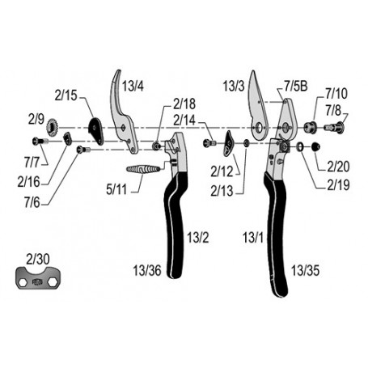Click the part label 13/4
(133, 87)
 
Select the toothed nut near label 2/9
(53, 127)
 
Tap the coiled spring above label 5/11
(143, 169)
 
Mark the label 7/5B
(296, 87)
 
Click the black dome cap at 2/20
(315, 147)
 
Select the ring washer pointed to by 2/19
(300, 147)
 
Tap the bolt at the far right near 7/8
(336, 126)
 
